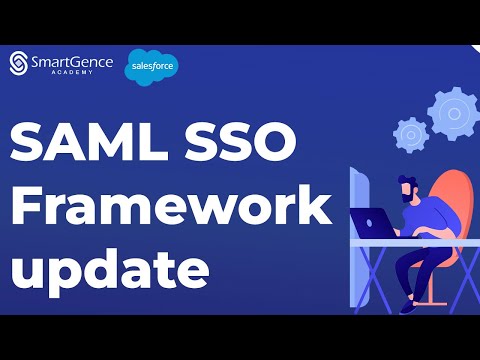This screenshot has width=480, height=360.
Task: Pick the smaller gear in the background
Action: (x=410, y=133)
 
